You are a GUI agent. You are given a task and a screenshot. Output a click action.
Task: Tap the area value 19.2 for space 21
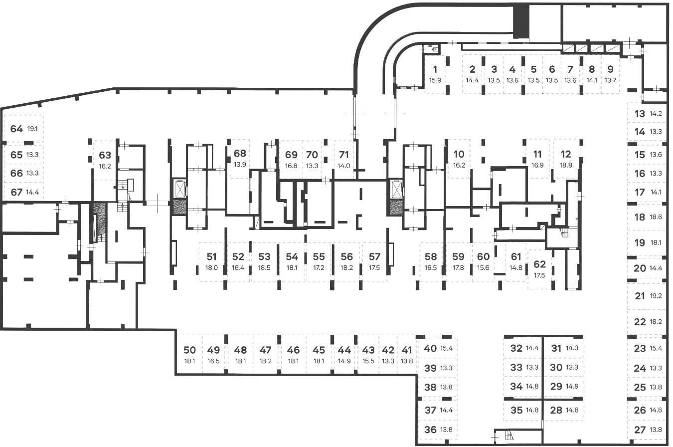click(x=656, y=296)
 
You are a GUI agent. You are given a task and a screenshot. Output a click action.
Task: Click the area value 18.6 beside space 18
click(x=656, y=218)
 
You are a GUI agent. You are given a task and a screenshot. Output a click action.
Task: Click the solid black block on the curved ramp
click(x=520, y=21)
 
